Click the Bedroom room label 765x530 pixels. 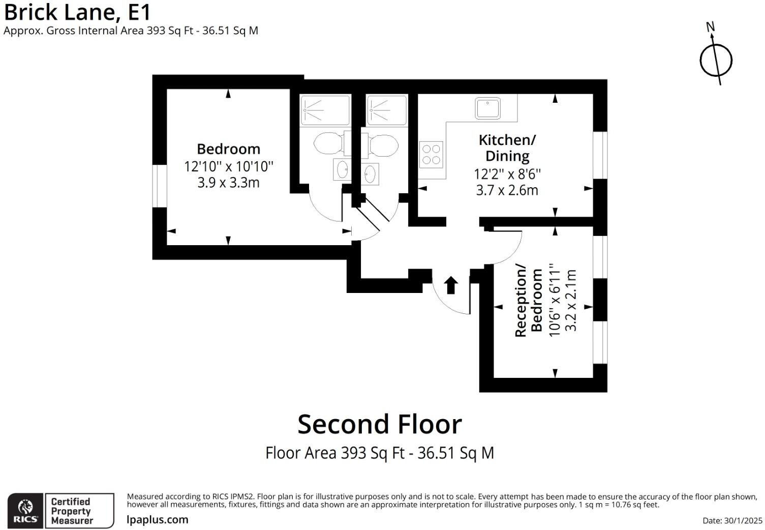[228, 149]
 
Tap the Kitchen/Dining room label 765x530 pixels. [507, 148]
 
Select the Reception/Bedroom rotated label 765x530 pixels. [529, 300]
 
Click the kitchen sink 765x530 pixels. [487, 108]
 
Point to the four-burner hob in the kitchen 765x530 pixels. [431, 155]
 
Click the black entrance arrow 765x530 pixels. [451, 285]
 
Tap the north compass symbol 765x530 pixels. [716, 60]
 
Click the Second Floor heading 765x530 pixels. [380, 424]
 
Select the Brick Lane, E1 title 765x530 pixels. [77, 12]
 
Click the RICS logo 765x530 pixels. [25, 511]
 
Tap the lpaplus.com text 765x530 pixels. [158, 520]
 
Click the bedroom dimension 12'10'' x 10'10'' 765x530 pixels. [228, 166]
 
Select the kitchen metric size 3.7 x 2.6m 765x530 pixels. [507, 190]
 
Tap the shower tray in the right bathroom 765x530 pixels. [387, 109]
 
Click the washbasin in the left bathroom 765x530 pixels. [342, 169]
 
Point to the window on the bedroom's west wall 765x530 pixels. [160, 186]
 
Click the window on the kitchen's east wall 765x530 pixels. [600, 155]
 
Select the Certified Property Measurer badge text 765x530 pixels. [72, 511]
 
